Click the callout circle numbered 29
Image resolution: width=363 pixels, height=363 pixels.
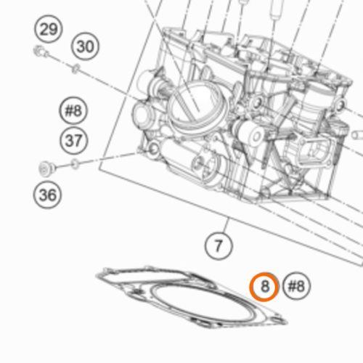coord(49,29)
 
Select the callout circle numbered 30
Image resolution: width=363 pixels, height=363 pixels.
coord(85,46)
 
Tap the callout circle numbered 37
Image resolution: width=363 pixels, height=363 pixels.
coord(73,140)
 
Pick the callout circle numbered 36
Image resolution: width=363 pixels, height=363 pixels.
coord(47,195)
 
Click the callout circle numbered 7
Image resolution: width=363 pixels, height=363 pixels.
coord(219,245)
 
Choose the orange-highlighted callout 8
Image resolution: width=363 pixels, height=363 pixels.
coord(264,287)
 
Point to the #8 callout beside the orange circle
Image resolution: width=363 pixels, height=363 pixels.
coord(296,286)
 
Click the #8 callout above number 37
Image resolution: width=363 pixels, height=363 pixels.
coord(73,111)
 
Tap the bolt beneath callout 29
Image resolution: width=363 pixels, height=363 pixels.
coord(41,52)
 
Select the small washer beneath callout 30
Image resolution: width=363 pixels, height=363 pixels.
coord(76,69)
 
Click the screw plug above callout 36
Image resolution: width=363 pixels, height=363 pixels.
coord(47,168)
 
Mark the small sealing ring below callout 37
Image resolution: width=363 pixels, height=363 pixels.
coord(76,165)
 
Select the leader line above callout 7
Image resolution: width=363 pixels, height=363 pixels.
coord(227,225)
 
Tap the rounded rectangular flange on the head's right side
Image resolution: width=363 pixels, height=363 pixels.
coord(314,150)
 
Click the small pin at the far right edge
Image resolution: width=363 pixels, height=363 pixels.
coord(357,135)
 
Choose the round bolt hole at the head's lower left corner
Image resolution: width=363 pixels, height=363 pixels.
coord(153,148)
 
